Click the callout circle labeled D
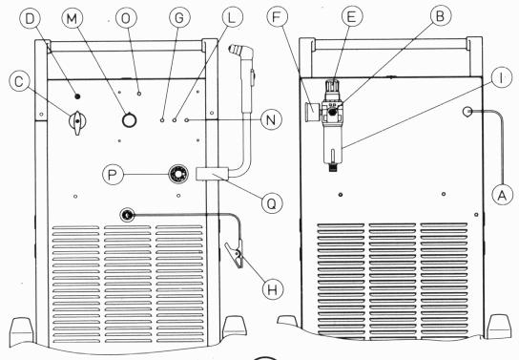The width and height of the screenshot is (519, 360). [30, 19]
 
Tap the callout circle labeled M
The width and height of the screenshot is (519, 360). [72, 18]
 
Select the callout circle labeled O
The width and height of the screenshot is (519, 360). [126, 18]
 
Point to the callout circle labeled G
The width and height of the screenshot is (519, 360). [179, 18]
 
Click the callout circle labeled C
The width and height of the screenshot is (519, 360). [19, 81]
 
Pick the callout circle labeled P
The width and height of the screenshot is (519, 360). [113, 174]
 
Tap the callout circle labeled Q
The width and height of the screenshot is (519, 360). [272, 203]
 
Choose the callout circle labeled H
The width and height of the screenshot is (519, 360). [273, 289]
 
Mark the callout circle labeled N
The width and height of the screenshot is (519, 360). [271, 119]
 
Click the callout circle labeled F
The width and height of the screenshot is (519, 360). [277, 17]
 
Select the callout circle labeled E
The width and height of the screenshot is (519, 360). [351, 16]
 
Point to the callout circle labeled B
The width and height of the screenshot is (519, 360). [440, 15]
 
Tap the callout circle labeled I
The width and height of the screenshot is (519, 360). [502, 78]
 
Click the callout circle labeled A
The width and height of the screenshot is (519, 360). [502, 195]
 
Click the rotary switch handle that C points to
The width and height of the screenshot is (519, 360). [77, 122]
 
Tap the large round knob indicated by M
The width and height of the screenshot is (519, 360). [129, 120]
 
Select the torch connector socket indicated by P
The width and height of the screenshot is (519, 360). [178, 174]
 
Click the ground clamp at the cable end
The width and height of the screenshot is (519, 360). [235, 253]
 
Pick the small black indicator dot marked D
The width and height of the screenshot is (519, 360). [77, 96]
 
